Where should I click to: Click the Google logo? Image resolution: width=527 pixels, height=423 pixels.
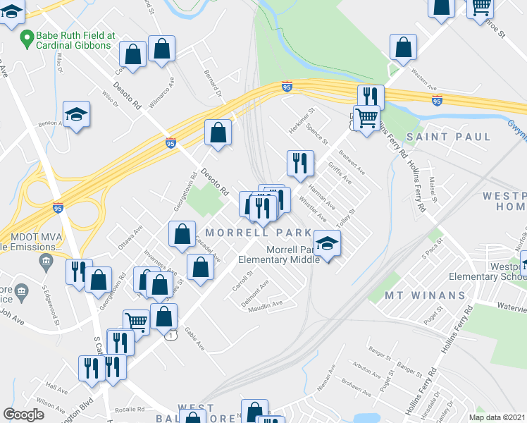(x=24, y=415)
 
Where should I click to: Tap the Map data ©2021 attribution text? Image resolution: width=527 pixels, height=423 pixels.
(x=497, y=417)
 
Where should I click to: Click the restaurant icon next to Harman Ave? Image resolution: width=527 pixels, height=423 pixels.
(x=300, y=164)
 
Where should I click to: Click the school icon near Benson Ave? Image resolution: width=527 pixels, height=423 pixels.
(x=76, y=115)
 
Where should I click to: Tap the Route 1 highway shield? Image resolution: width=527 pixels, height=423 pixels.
(x=170, y=336)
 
